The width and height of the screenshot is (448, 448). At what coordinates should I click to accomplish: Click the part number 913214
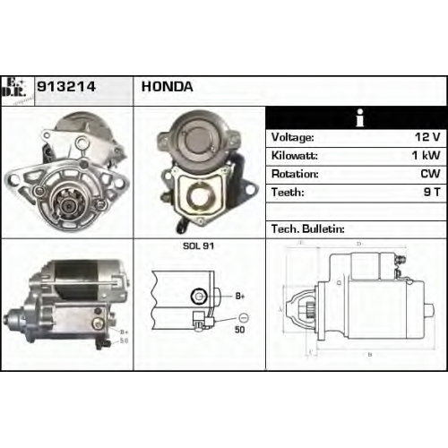[x=66, y=87]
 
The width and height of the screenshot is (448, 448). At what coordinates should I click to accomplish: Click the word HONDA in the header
[x=167, y=87]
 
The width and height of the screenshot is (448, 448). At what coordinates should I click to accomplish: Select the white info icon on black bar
[x=360, y=117]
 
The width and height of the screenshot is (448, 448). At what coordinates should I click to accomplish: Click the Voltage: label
[x=292, y=138]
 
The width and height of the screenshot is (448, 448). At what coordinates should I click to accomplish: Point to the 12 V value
[x=427, y=137]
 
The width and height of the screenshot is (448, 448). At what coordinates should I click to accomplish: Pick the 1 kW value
[x=426, y=155]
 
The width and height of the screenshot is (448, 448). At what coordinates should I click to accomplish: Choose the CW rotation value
[x=430, y=174]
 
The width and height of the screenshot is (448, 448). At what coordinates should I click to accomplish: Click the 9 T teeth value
[x=432, y=192]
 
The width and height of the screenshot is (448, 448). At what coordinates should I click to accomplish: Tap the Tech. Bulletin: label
[x=308, y=229]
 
